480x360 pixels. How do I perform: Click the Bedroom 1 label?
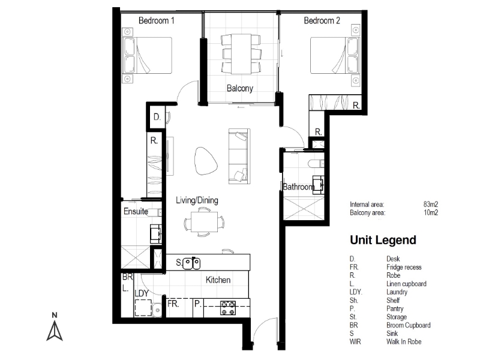click(157, 21)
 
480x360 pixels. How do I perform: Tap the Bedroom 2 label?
click(322, 21)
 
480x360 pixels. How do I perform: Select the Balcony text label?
click(240, 88)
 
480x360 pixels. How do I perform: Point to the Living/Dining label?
click(197, 200)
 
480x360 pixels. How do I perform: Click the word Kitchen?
click(218, 280)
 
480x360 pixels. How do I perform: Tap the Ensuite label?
click(136, 211)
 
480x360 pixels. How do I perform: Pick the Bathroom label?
click(298, 187)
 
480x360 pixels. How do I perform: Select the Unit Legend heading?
click(383, 240)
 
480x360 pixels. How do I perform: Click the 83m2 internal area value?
click(431, 204)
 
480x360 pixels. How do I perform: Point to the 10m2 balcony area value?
click(431, 212)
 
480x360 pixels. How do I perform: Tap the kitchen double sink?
click(191, 263)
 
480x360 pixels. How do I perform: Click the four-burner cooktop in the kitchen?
click(228, 308)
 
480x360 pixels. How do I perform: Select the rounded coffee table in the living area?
click(205, 161)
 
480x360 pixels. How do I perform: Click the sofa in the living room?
click(239, 157)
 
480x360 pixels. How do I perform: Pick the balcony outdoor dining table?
click(241, 54)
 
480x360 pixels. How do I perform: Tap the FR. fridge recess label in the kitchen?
click(173, 304)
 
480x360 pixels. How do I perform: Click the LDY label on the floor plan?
click(142, 293)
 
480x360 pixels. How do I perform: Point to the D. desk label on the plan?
click(157, 117)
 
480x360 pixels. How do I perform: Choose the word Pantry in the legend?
click(395, 308)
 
